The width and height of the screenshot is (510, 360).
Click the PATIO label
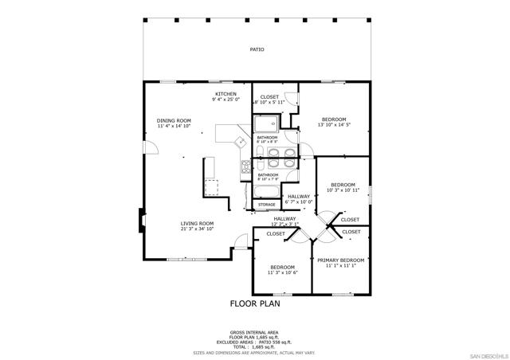tap(257, 49)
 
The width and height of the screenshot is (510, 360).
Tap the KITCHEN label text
tap(226, 94)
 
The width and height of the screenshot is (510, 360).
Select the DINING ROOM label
tap(174, 120)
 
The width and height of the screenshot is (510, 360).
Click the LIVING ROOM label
tap(197, 224)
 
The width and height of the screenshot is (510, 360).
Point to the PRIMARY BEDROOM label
tap(340, 260)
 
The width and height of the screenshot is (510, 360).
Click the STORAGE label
tap(266, 205)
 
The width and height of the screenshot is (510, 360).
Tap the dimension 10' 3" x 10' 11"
tap(343, 190)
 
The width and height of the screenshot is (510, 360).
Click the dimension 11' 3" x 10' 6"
tap(282, 272)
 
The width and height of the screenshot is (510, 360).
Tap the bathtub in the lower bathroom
tap(266, 192)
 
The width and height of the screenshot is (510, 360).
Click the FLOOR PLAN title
tap(255, 303)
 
